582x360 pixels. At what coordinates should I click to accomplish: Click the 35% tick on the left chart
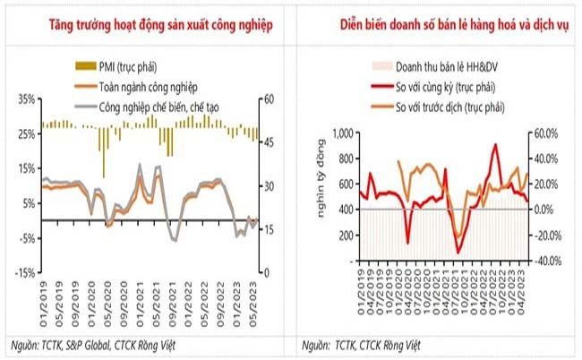[x=27, y=99]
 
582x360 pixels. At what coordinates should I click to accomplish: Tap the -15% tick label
[x=26, y=272]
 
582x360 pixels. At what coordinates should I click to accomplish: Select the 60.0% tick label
[x=546, y=133]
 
